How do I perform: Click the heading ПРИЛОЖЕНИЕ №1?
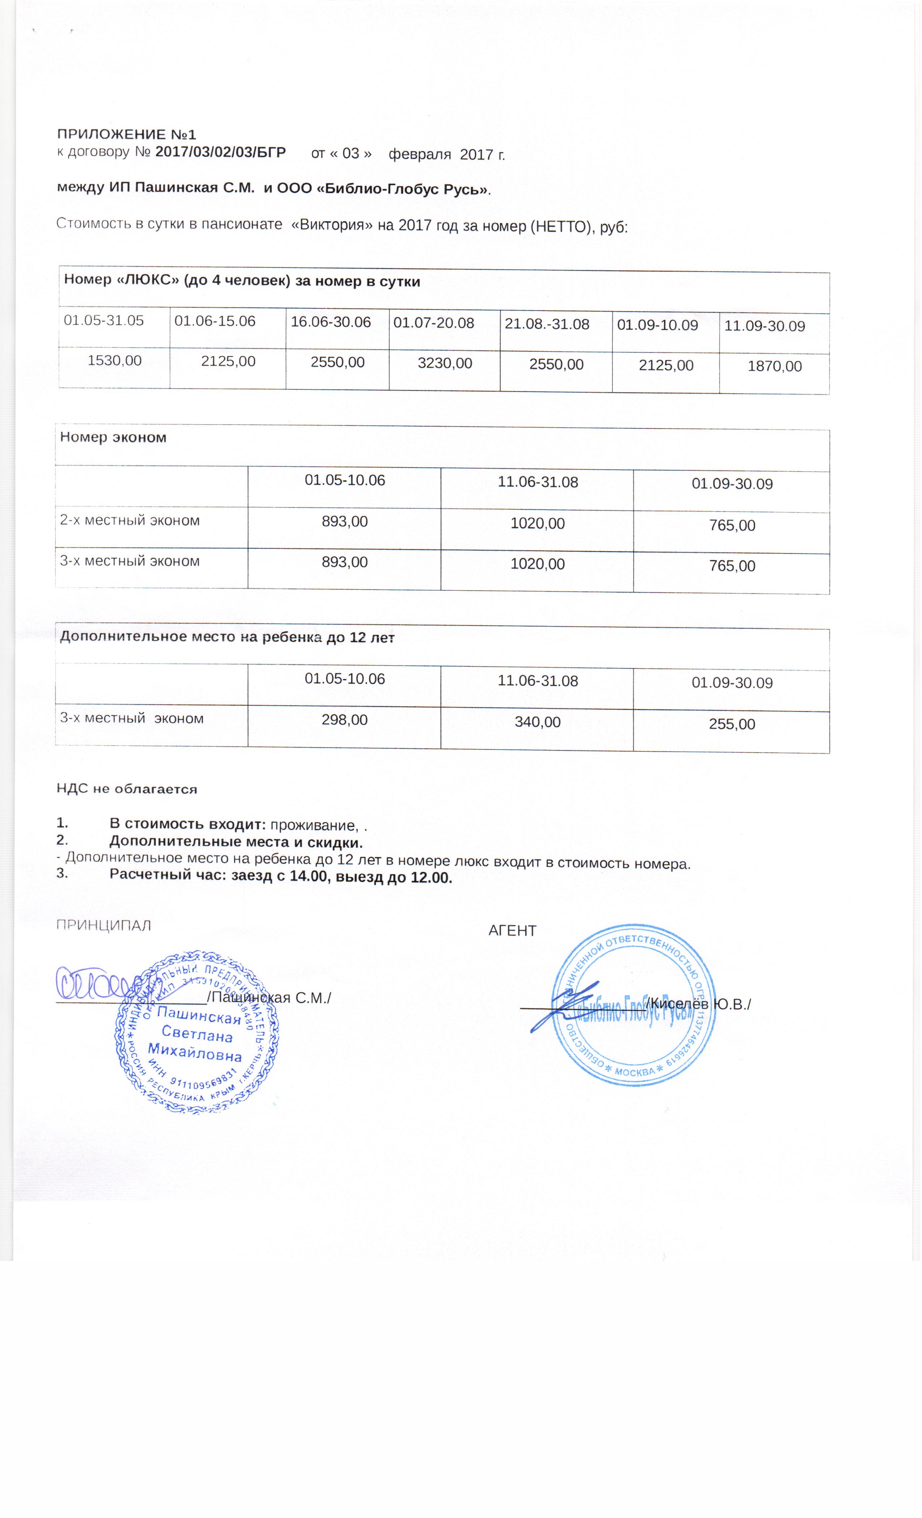click(x=126, y=134)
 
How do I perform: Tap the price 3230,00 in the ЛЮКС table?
click(x=444, y=363)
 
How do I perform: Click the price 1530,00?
click(x=115, y=360)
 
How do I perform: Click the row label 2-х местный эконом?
click(x=130, y=521)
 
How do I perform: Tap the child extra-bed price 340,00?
click(x=538, y=722)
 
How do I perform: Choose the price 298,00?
click(x=344, y=719)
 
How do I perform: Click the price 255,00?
click(x=732, y=724)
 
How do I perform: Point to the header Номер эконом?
click(x=114, y=437)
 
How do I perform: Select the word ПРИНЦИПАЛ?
click(x=103, y=925)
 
